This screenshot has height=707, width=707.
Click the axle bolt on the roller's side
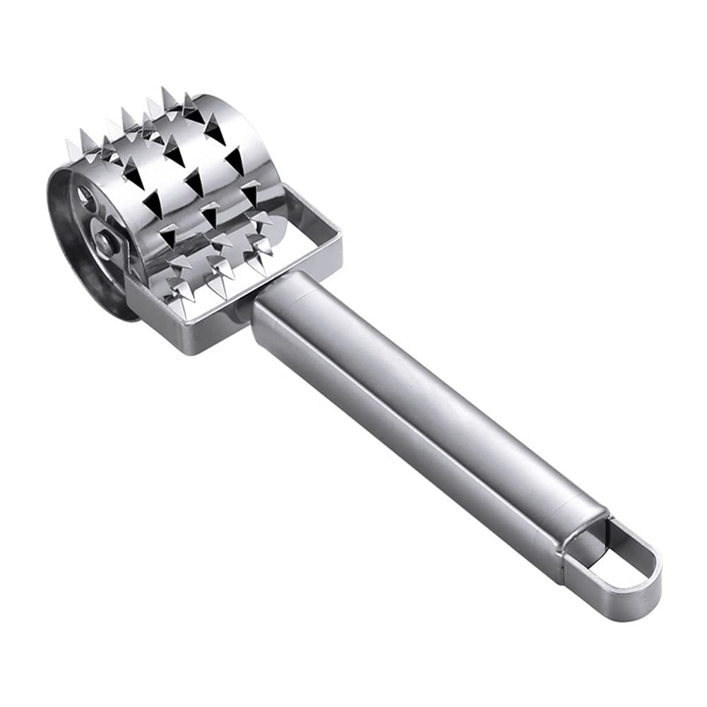[x=107, y=243]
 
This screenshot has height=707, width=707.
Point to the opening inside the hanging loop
[x=616, y=565]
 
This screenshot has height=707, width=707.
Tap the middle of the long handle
[x=424, y=417]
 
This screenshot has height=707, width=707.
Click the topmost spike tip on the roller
[x=168, y=90]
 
